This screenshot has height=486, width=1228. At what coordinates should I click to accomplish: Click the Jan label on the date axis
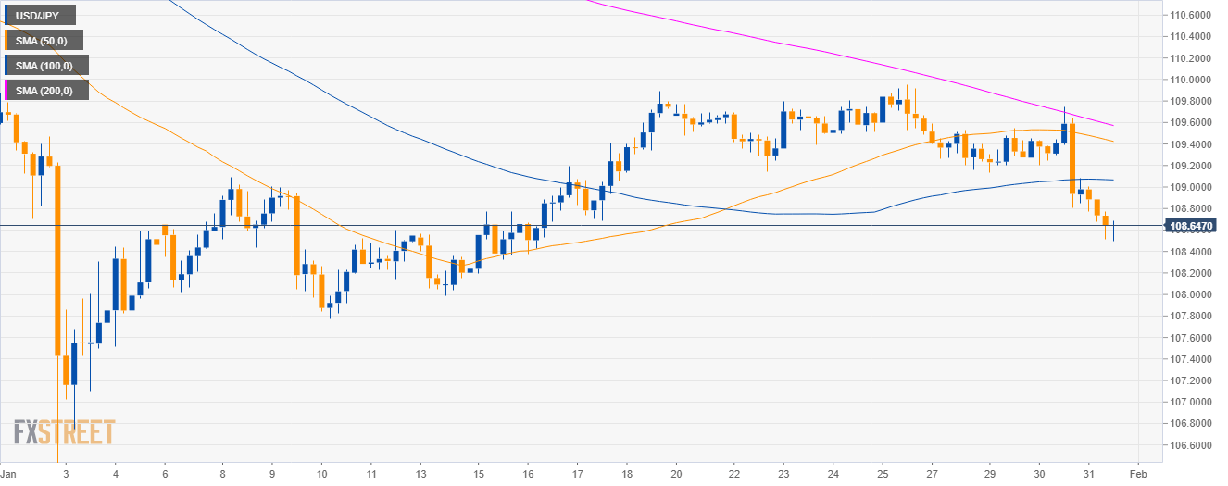[8, 472]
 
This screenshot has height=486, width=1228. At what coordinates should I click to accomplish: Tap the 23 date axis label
[783, 472]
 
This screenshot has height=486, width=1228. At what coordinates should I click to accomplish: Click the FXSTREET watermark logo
[65, 432]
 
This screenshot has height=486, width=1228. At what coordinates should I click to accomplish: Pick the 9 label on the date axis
[270, 472]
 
